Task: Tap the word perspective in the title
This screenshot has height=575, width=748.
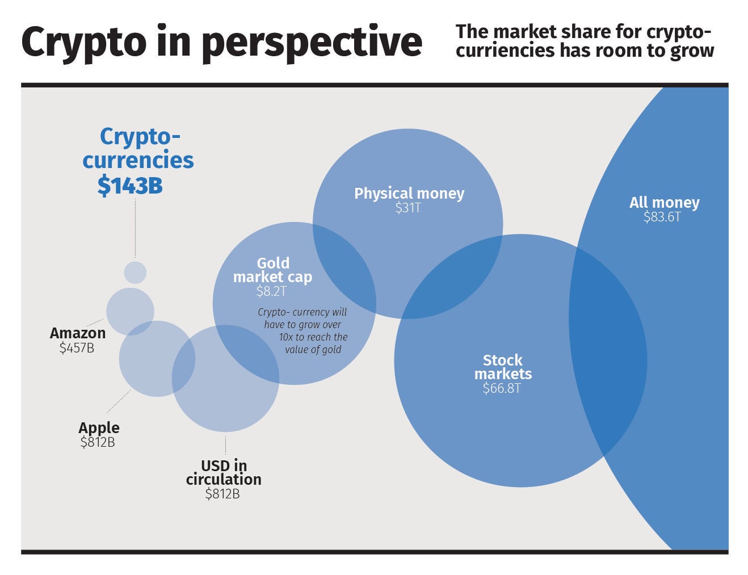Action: click(312, 43)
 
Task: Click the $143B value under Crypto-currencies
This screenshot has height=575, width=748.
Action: click(130, 186)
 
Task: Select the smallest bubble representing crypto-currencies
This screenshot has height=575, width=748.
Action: click(135, 272)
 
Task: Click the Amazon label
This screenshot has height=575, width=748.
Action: click(78, 333)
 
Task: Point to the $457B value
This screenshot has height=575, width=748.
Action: click(77, 348)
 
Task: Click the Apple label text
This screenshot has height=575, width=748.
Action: click(99, 427)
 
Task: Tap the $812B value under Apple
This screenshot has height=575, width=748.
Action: click(98, 442)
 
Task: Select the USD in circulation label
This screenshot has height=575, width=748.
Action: click(224, 472)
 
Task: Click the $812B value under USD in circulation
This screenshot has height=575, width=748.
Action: click(222, 494)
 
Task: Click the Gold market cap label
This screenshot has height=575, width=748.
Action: click(273, 270)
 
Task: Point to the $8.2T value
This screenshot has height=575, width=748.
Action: click(271, 292)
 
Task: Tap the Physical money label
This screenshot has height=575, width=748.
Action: click(409, 194)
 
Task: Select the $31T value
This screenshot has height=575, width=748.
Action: click(408, 208)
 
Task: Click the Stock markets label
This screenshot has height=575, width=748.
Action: click(503, 367)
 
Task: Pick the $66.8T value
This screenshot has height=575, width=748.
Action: click(502, 388)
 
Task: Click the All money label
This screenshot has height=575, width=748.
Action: click(664, 203)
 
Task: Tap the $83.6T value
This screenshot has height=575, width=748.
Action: click(662, 217)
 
